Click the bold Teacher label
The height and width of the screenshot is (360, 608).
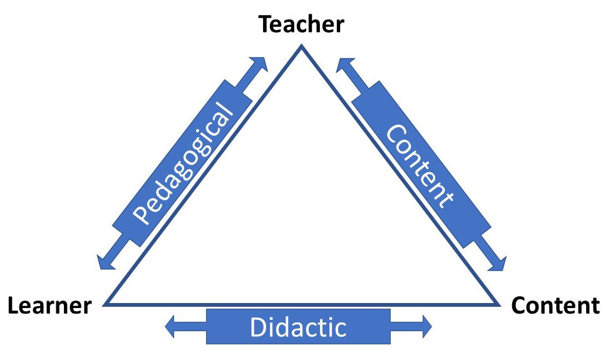(302, 24)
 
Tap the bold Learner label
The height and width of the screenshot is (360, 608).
(49, 306)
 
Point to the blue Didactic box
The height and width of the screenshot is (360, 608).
(298, 326)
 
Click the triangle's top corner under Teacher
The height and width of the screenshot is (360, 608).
(302, 47)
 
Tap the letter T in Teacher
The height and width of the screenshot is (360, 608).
(266, 24)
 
